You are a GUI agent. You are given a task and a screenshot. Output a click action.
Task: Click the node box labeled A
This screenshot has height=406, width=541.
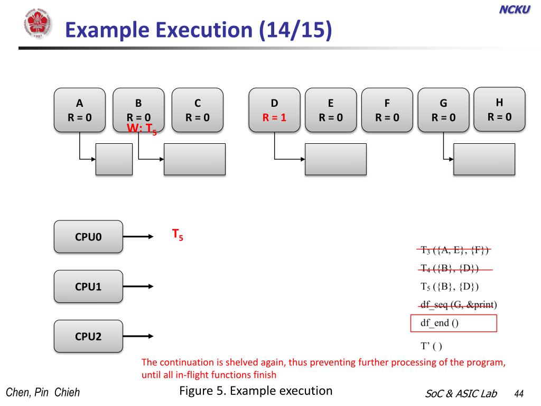pos(79,110)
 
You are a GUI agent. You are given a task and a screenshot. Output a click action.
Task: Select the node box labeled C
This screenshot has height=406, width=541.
pos(198,110)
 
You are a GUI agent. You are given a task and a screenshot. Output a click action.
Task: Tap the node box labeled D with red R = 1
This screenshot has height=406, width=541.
pos(274,110)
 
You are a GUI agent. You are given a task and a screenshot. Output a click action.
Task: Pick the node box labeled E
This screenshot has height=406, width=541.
pos(331,110)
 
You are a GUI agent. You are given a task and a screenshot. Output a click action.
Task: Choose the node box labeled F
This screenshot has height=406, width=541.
pos(387,110)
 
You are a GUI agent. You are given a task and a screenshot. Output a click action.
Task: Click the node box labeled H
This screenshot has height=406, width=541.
pos(499,109)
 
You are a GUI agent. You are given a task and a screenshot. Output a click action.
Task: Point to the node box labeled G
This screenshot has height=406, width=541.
pos(443,110)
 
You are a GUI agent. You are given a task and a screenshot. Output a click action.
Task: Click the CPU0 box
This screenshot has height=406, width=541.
pos(88,237)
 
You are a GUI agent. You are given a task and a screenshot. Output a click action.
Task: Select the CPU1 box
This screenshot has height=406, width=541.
pos(88,287)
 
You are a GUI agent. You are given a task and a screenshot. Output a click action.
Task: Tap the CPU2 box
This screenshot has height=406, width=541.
pos(88,336)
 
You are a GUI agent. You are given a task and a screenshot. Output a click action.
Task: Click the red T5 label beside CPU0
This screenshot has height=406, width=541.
pos(178,235)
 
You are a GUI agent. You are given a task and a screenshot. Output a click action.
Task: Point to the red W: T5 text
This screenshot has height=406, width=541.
pos(142,128)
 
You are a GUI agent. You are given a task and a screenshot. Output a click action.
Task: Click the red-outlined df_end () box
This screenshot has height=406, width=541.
pos(453,323)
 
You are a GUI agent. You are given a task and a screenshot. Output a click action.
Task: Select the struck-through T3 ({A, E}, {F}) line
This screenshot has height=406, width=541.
pos(455,251)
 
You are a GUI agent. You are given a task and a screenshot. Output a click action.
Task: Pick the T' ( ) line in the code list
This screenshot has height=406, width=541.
pos(431,347)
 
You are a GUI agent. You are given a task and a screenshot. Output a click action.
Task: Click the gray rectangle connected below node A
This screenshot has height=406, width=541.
pos(114,159)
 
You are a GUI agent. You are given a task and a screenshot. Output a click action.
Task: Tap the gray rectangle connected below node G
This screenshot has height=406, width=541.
pos(484,159)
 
